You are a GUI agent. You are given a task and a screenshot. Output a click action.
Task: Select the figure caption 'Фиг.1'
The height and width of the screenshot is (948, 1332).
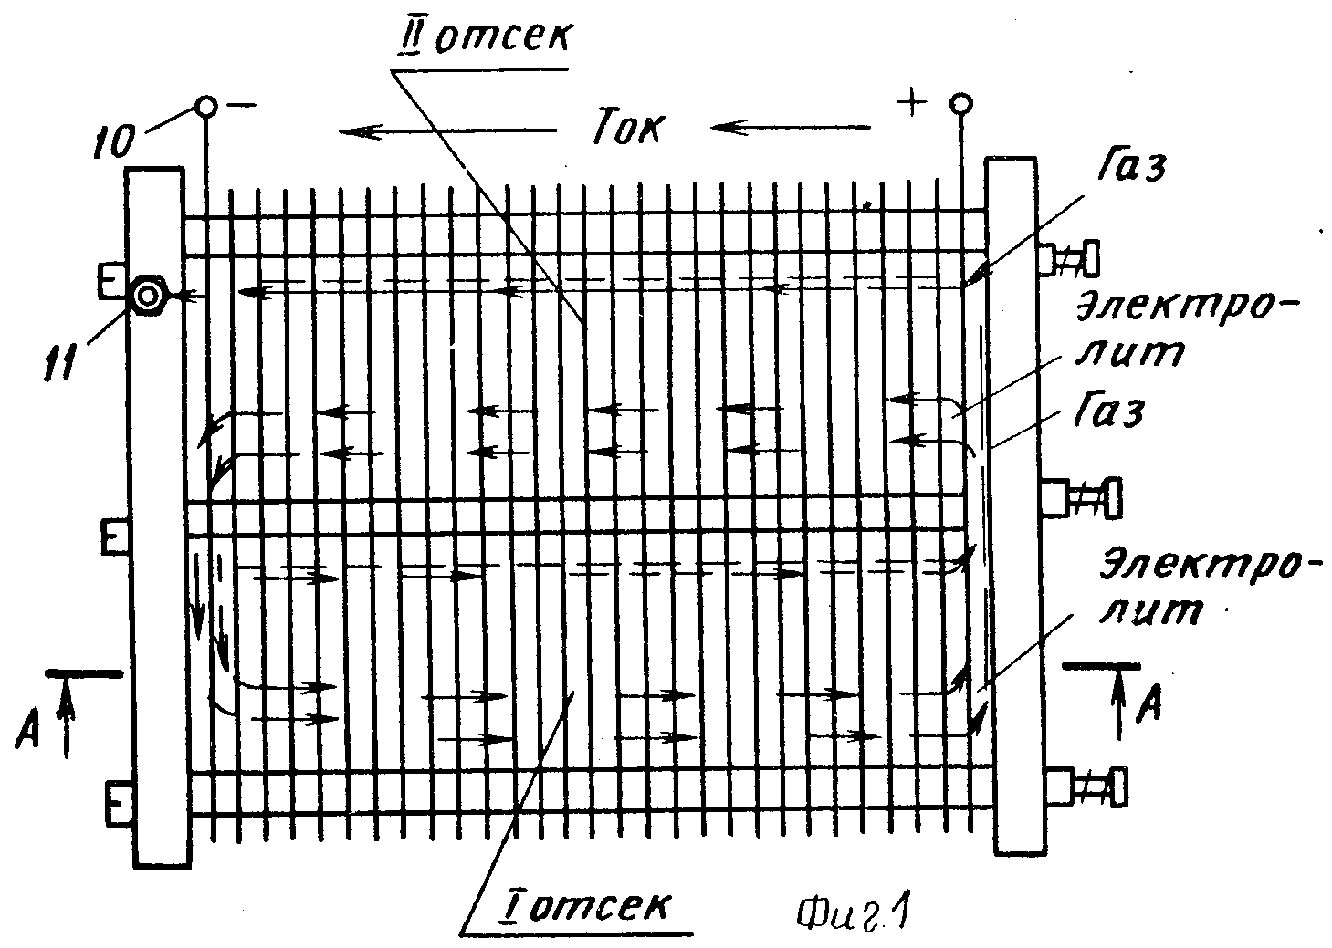[x=853, y=912]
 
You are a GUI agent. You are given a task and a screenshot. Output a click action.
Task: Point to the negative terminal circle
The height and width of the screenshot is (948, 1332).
[x=206, y=107]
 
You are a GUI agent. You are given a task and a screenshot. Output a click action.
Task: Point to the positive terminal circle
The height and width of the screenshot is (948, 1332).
[x=961, y=104]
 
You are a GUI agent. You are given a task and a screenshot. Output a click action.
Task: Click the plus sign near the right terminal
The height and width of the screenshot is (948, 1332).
[x=912, y=103]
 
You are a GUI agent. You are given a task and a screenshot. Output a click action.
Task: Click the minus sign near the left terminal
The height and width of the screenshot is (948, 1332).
[x=241, y=106]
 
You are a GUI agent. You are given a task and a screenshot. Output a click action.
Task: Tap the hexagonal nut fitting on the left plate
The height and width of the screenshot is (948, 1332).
[x=148, y=296]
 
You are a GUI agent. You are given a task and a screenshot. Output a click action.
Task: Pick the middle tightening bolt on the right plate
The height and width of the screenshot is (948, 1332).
[x=1080, y=497]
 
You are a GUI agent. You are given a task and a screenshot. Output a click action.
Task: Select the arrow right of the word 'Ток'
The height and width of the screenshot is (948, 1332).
[x=791, y=127]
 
